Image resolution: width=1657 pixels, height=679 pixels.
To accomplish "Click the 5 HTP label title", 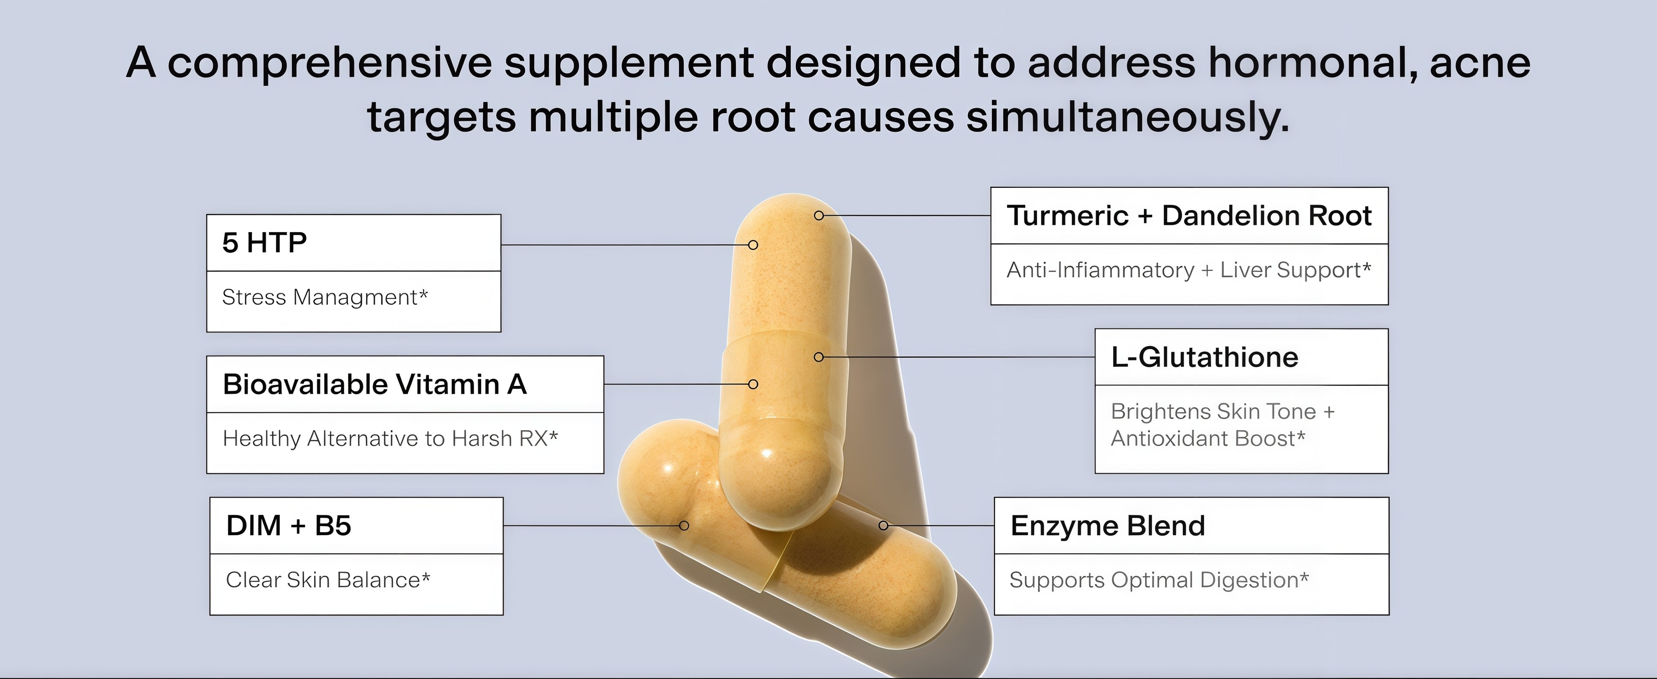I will tap(265, 243).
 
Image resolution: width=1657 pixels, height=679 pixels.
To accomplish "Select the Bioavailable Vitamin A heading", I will tap(375, 384).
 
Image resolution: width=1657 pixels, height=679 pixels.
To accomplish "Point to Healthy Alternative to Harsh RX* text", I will tap(390, 438).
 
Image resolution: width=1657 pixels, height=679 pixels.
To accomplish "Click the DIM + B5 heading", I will tap(288, 526).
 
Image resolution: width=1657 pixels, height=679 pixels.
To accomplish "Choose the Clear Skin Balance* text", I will tap(328, 580).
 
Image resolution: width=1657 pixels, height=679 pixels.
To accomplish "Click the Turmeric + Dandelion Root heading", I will tap(1189, 215).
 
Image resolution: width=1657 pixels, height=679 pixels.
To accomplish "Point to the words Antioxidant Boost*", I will tap(1207, 438).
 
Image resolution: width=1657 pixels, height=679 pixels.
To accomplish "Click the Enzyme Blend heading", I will tap(1107, 526).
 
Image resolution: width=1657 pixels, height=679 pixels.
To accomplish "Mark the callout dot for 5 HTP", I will tap(753, 245).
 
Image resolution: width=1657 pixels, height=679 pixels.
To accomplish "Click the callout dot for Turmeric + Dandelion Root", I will tap(819, 215).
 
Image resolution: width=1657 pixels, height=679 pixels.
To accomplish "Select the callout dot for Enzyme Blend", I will tap(883, 526).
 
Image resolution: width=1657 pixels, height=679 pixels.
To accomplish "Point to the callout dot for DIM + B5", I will tap(684, 526).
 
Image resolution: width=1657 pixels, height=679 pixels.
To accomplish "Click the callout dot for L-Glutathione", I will tap(819, 357).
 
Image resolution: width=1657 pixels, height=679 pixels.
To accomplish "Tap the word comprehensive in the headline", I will tap(329, 63).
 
